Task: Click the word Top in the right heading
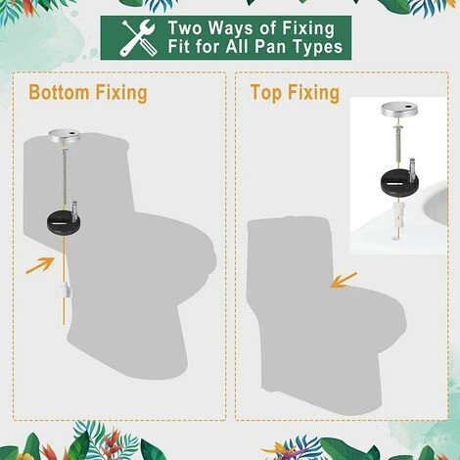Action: pyautogui.click(x=269, y=93)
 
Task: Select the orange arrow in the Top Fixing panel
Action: pyautogui.click(x=344, y=280)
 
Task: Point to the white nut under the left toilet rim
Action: pyautogui.click(x=65, y=290)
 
